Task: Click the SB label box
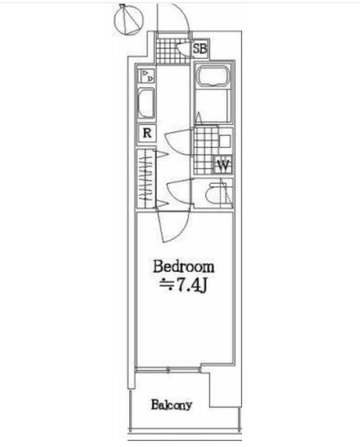pyautogui.click(x=200, y=48)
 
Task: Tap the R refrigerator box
pyautogui.click(x=147, y=133)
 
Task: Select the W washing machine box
pyautogui.click(x=223, y=165)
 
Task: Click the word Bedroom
pyautogui.click(x=183, y=267)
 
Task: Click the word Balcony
pyautogui.click(x=172, y=405)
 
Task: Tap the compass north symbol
pyautogui.click(x=128, y=20)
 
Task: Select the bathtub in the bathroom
pyautogui.click(x=213, y=76)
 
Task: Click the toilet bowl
pyautogui.click(x=215, y=193)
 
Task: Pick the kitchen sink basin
pyautogui.click(x=147, y=103)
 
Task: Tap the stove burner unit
pyautogui.click(x=147, y=76)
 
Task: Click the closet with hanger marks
pyautogui.click(x=146, y=179)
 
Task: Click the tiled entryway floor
pyautogui.click(x=173, y=50)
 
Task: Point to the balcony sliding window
pyautogui.click(x=168, y=370)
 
